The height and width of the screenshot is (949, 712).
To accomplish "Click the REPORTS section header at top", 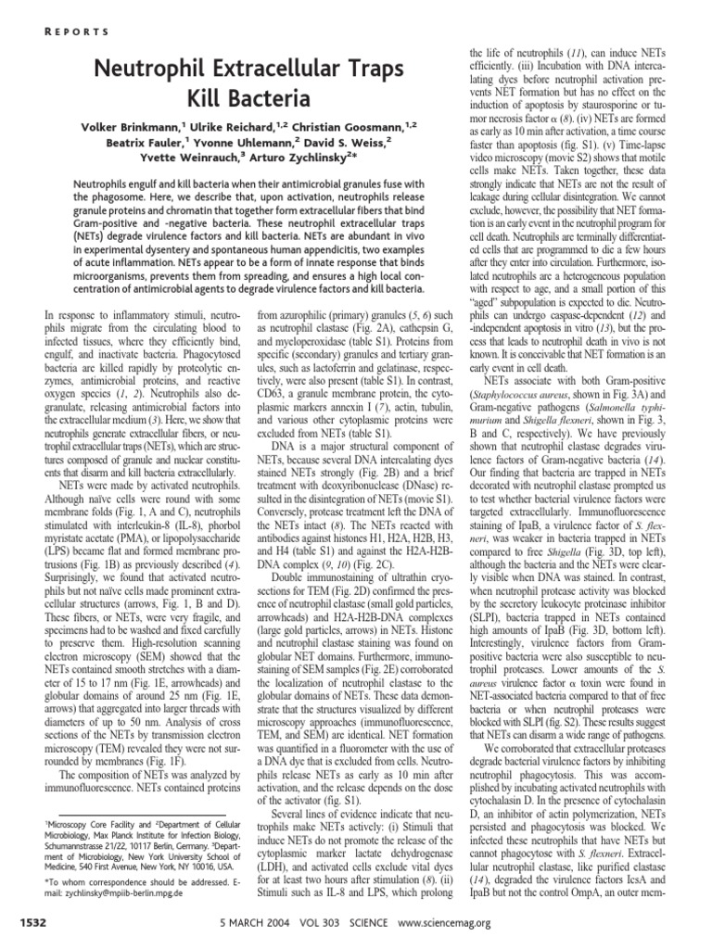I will [77, 31].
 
